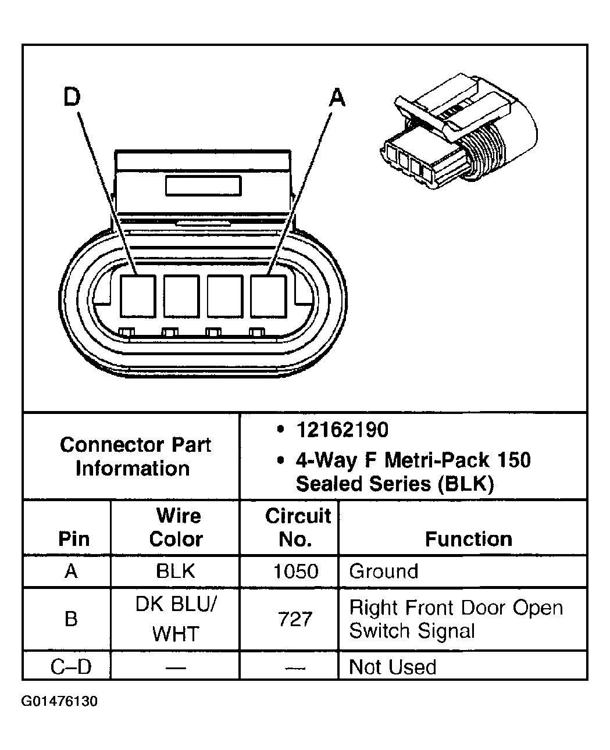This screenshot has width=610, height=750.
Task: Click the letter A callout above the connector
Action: tap(337, 97)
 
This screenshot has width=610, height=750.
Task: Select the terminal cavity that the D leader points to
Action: tap(138, 296)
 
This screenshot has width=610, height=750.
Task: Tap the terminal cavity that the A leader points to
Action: tap(268, 296)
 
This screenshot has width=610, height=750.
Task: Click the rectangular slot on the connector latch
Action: tap(203, 185)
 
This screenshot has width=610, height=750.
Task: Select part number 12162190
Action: tap(342, 430)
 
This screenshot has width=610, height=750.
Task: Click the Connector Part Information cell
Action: tap(134, 456)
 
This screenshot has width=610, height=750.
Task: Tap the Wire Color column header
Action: tap(176, 527)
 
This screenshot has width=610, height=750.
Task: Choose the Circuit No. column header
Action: tap(297, 527)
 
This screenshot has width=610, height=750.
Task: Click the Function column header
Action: tap(468, 539)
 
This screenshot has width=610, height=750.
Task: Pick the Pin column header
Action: tap(74, 539)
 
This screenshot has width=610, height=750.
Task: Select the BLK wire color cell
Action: tap(176, 571)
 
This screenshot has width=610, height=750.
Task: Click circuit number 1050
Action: tap(295, 571)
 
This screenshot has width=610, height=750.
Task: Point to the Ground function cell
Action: tap(383, 571)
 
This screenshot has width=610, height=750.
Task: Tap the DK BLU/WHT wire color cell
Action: tap(176, 619)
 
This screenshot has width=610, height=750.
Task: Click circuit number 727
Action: tap(295, 619)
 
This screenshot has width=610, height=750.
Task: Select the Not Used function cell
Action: tap(393, 666)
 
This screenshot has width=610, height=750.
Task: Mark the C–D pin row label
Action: tap(71, 666)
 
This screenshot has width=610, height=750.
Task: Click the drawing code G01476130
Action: tap(59, 701)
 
